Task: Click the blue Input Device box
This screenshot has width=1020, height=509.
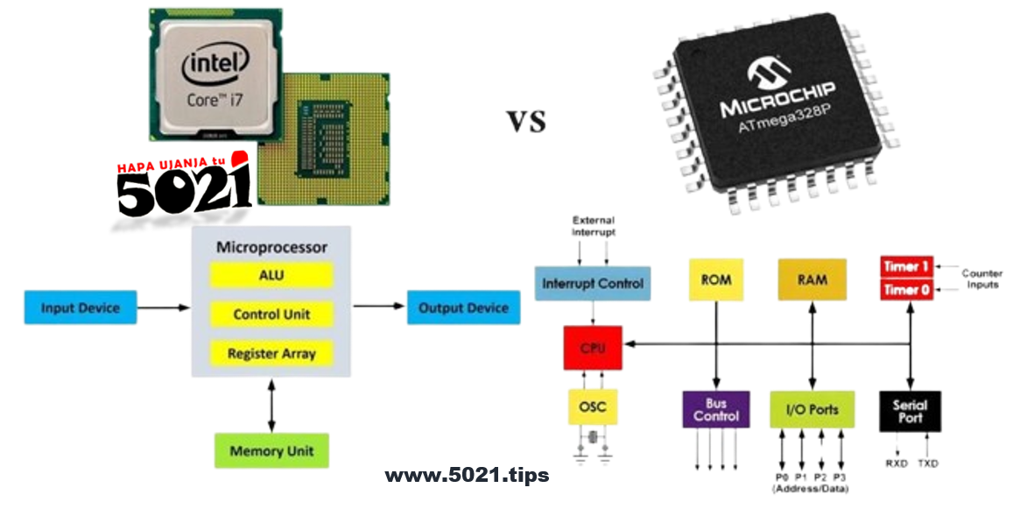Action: tap(80, 308)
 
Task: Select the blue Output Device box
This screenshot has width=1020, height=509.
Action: tap(463, 308)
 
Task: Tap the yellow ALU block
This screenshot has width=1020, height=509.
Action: tap(271, 275)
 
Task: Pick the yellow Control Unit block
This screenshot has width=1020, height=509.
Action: tap(271, 315)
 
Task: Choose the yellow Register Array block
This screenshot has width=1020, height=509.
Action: tap(271, 354)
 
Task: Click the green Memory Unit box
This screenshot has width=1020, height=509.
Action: tap(271, 451)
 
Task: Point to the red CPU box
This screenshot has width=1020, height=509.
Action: tap(593, 347)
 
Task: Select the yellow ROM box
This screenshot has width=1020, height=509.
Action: tap(716, 280)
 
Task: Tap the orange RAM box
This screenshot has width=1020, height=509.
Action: tap(813, 280)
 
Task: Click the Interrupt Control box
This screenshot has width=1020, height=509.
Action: tap(593, 284)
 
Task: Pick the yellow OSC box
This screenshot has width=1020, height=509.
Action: tap(593, 406)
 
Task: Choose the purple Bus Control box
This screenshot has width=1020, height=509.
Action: tap(716, 409)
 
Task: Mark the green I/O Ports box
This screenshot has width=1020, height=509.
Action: tap(813, 409)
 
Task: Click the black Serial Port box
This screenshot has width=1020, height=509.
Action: tap(910, 411)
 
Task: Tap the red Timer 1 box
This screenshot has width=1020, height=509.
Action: tap(906, 267)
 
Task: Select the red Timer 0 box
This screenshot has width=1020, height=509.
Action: tap(906, 290)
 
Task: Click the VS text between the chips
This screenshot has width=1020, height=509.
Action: tap(527, 122)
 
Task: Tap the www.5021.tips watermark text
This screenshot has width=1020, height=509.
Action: tap(467, 476)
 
